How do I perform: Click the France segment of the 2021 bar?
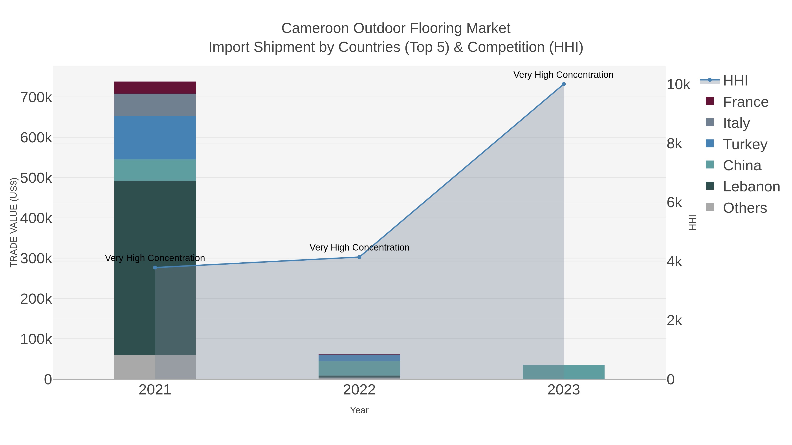click(x=155, y=87)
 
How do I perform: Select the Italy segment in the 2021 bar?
click(x=155, y=105)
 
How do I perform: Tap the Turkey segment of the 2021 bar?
click(x=155, y=138)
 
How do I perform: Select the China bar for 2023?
click(x=564, y=372)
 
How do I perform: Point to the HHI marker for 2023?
click(x=564, y=84)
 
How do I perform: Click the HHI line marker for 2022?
click(x=359, y=257)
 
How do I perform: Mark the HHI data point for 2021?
click(x=155, y=267)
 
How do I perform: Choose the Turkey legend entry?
click(x=745, y=144)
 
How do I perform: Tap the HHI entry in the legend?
click(x=735, y=81)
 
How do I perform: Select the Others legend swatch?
click(x=709, y=207)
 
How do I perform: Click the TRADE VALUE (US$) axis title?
click(x=13, y=222)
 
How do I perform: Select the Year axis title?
click(x=359, y=410)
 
